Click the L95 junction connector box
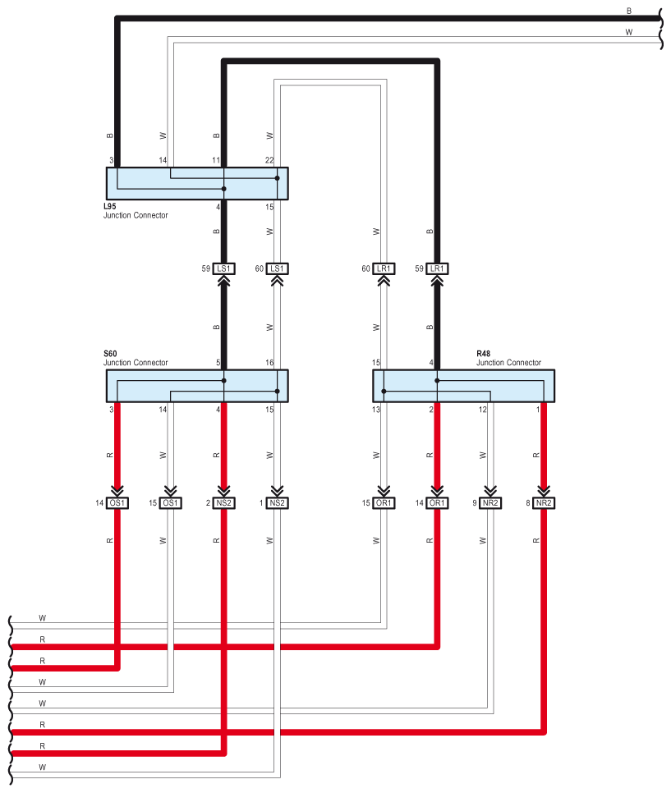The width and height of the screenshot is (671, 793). coord(197,183)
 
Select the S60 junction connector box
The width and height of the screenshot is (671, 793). coord(197,385)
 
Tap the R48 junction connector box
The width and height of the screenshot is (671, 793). coord(463,385)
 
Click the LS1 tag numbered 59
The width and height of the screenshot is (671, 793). coord(224,268)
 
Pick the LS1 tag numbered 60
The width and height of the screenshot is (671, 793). coord(278,268)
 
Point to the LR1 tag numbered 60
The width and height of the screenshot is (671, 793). coord(384,268)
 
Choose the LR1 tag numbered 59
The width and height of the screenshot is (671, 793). coord(437,268)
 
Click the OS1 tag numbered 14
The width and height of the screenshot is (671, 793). coord(117,502)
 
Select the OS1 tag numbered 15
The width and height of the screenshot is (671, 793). coord(171,502)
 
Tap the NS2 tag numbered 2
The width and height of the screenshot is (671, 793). coord(224,502)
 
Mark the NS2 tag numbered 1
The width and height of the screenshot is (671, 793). coord(278,502)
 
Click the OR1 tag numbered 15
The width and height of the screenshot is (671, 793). coord(384,502)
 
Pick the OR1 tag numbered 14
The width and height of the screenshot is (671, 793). coord(437,502)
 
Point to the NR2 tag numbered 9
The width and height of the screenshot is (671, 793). coord(490,502)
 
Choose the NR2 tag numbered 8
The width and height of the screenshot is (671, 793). coord(544,502)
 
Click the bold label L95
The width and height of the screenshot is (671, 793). coord(111,207)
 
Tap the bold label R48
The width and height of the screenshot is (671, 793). coord(485,354)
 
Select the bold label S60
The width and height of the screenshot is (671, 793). coord(111,354)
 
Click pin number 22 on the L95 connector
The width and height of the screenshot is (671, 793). coord(269,161)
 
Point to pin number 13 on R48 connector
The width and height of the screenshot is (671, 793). coord(376,409)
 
